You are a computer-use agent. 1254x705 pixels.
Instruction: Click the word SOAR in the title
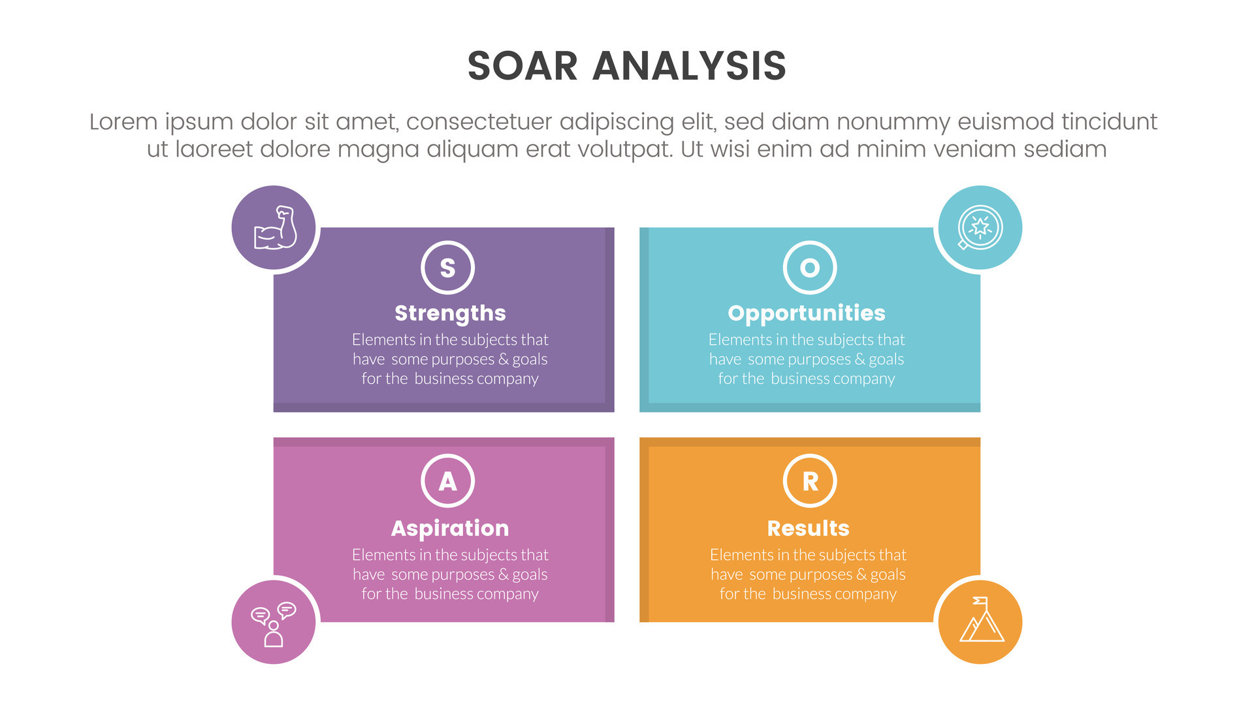(x=522, y=66)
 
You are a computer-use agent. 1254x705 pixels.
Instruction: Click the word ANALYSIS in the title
(x=689, y=66)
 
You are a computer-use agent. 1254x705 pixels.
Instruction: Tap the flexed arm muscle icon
(x=275, y=228)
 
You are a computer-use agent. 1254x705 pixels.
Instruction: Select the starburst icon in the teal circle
(x=980, y=227)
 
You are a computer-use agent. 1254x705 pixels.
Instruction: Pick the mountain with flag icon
(x=980, y=621)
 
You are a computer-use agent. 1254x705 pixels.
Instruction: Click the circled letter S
(x=447, y=268)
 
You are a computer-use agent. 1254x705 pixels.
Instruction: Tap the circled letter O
(x=810, y=268)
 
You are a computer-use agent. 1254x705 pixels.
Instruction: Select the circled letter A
(x=447, y=481)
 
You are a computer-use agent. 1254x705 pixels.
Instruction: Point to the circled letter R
(x=810, y=481)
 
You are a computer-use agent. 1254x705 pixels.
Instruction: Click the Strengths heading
(x=450, y=313)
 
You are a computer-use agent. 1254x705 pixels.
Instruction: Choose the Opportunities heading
(x=807, y=313)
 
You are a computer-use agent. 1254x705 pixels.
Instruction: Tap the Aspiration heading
(x=450, y=528)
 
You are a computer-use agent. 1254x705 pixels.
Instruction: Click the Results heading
(x=808, y=528)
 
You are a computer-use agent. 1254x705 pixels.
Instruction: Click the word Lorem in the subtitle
(x=123, y=122)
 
